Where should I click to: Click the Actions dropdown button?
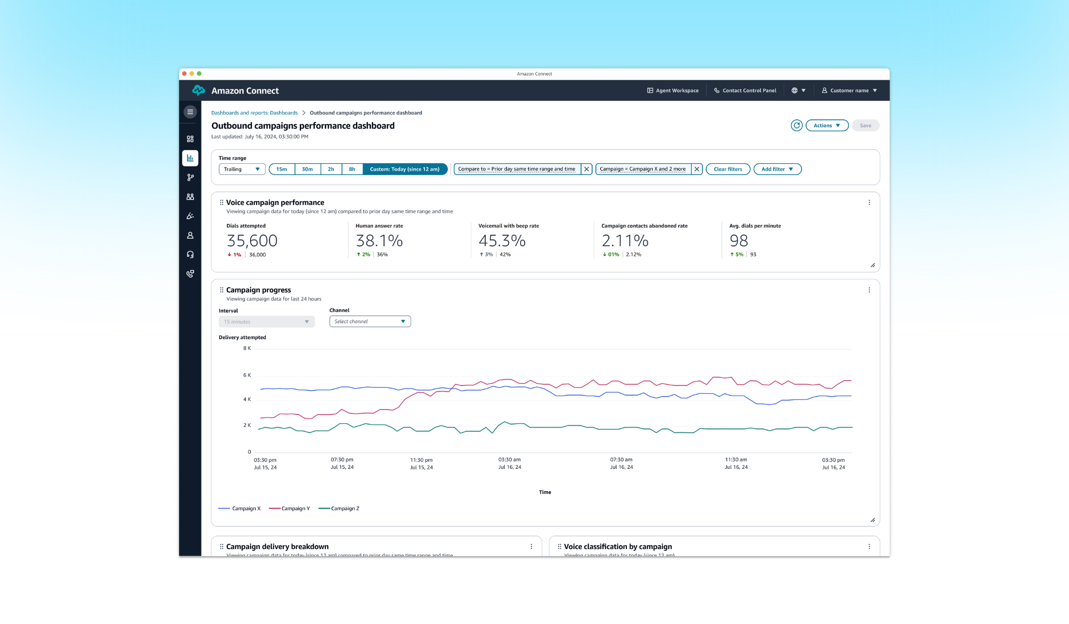[x=826, y=125]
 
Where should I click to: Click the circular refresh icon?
[x=796, y=125]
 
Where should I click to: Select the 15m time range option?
[x=281, y=169]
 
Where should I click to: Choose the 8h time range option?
[x=352, y=169]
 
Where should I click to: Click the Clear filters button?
[x=727, y=169]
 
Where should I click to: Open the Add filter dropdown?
[x=777, y=169]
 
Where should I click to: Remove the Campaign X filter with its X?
[x=696, y=169]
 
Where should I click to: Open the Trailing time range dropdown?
[x=242, y=169]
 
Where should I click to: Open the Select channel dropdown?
[x=370, y=322]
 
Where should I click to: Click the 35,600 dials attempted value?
[x=252, y=241]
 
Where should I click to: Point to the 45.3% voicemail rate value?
[x=502, y=241]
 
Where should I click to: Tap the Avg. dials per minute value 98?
[x=739, y=241]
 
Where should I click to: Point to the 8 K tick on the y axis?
[x=247, y=348]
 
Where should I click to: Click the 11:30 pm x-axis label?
[x=421, y=460]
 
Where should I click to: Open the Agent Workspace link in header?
[x=673, y=90]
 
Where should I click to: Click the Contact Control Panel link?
[x=745, y=90]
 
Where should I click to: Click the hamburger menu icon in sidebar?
[x=190, y=112]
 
